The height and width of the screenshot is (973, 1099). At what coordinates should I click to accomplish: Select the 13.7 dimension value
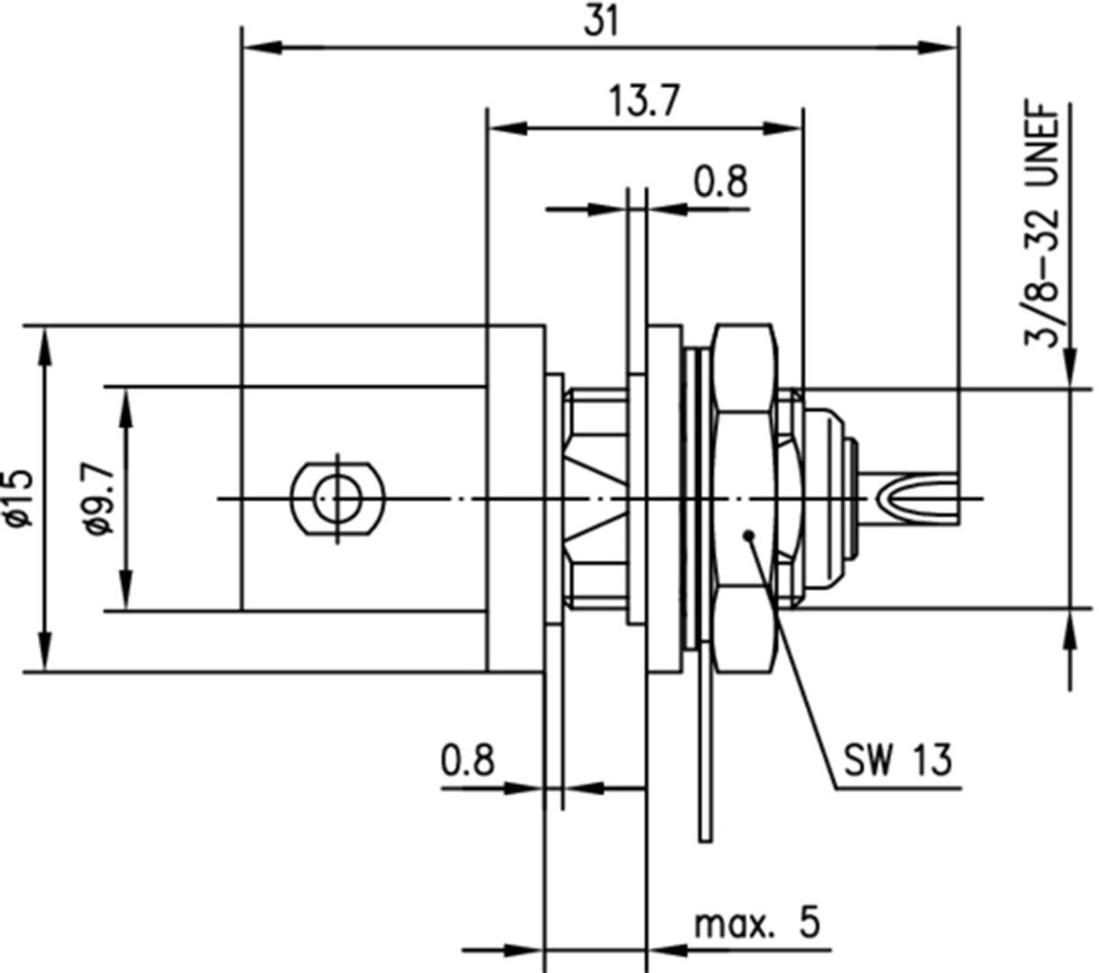pos(643,102)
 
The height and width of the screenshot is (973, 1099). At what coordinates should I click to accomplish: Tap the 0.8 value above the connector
pos(720,182)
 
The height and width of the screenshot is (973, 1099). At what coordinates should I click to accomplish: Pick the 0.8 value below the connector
pos(468,761)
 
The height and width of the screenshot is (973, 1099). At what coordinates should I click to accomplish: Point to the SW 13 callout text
pos(896,761)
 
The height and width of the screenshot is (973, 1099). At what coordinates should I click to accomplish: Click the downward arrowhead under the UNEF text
pos(1069,369)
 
